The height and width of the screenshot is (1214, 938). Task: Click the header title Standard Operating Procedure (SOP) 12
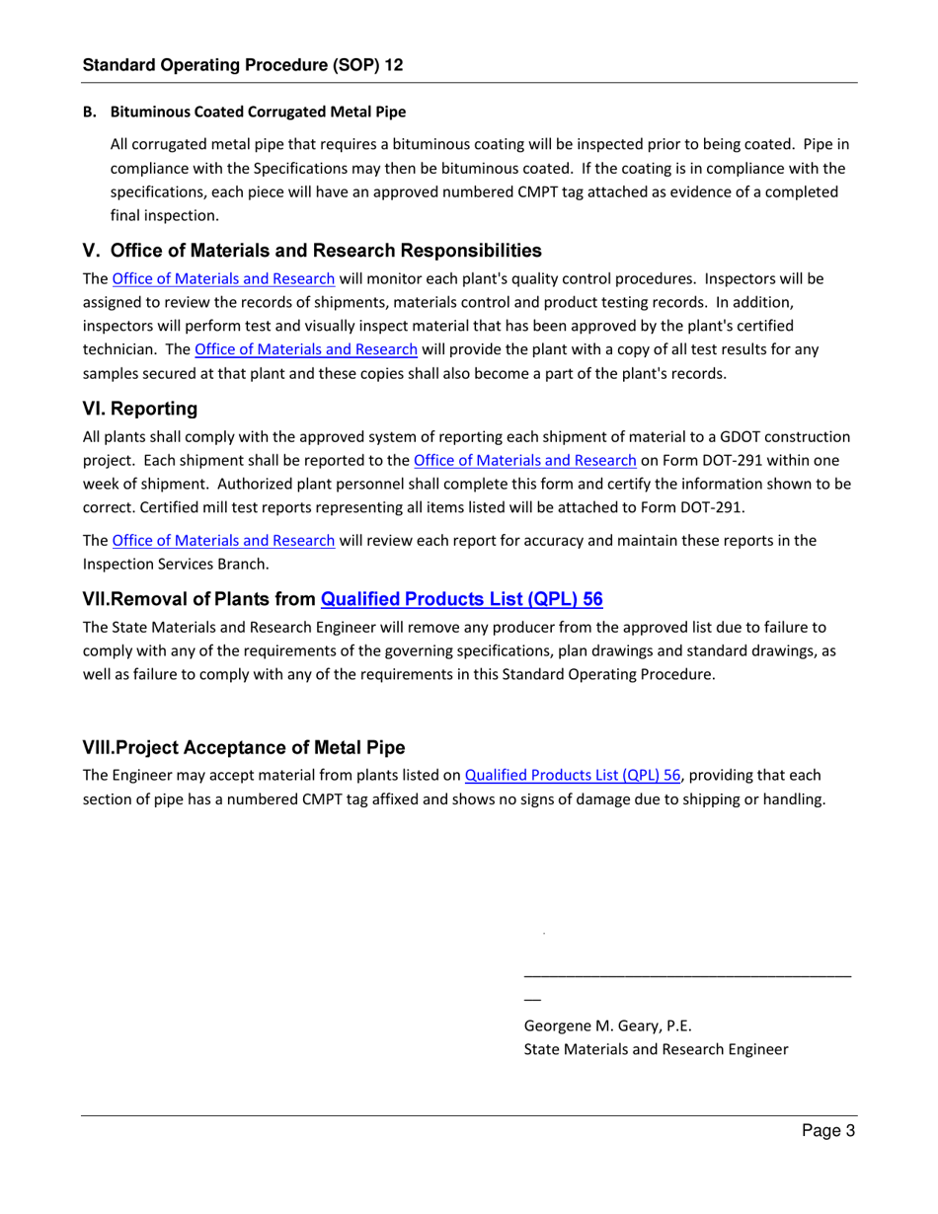242,65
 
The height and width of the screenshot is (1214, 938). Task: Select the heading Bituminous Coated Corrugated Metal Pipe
258,112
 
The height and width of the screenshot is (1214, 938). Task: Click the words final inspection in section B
165,214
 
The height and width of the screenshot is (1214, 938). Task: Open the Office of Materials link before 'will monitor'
223,278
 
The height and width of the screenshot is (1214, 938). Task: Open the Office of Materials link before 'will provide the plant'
306,348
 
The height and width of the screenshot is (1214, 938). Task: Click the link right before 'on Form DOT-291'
524,460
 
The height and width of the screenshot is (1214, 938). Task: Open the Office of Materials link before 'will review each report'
223,540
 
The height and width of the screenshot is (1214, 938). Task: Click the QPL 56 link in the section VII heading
462,598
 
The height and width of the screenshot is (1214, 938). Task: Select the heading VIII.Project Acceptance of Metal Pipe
244,746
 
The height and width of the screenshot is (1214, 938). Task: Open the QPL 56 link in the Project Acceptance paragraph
573,776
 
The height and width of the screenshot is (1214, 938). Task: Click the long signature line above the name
686,976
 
